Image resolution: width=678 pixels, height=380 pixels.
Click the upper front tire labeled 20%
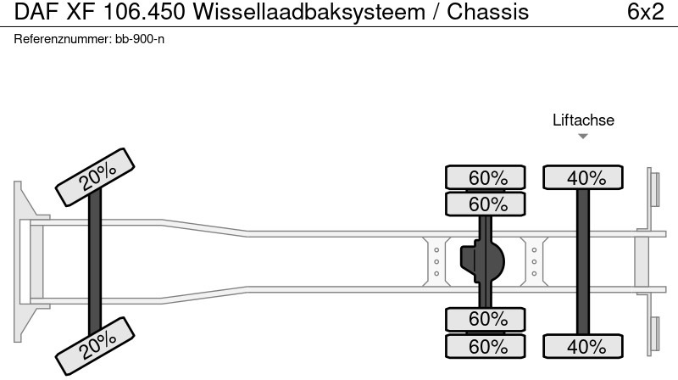point(96,176)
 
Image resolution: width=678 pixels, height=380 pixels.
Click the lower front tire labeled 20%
point(96,343)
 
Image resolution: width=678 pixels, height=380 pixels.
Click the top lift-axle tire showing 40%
point(583,178)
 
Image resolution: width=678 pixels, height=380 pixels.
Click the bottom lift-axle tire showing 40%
point(583,346)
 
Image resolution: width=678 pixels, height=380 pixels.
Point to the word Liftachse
point(583,120)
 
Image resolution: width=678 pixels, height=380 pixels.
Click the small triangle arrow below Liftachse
point(583,137)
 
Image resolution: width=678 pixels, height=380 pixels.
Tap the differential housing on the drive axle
point(481,261)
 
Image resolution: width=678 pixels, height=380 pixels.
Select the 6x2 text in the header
point(645,13)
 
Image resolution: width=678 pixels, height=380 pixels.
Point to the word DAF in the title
point(31,13)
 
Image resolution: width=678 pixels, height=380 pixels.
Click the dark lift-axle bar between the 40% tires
point(583,261)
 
